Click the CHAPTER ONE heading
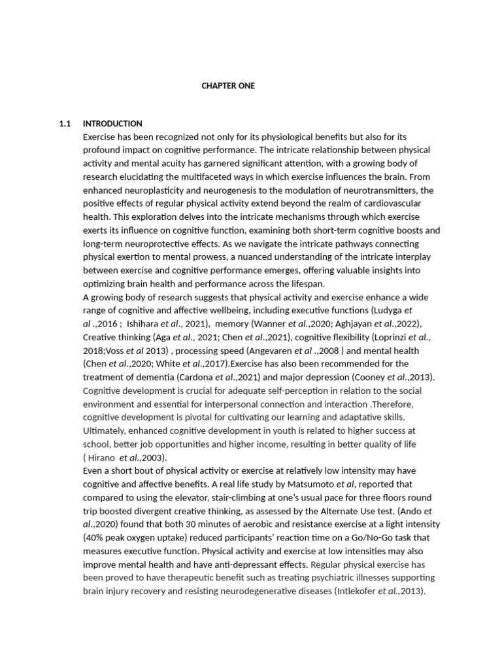click(x=228, y=86)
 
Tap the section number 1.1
click(x=65, y=124)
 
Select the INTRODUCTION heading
click(x=112, y=124)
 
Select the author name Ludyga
click(x=386, y=310)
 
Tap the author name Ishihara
click(x=143, y=324)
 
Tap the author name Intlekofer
click(x=361, y=591)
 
